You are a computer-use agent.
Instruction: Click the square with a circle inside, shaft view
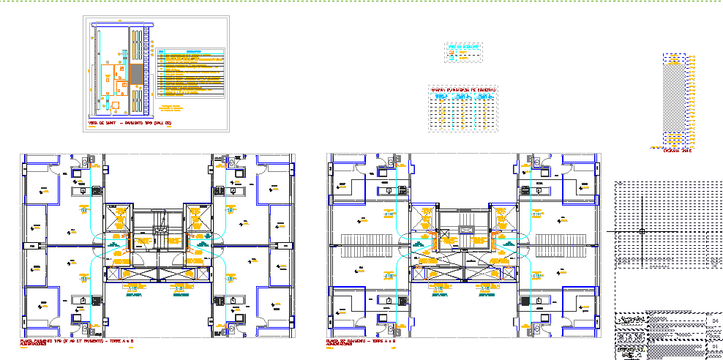point(115,105)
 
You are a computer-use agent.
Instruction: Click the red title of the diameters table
point(463,89)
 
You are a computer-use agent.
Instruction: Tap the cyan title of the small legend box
point(463,46)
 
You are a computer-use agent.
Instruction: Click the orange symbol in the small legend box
point(452,53)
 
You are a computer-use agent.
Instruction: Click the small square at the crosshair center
point(642,231)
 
